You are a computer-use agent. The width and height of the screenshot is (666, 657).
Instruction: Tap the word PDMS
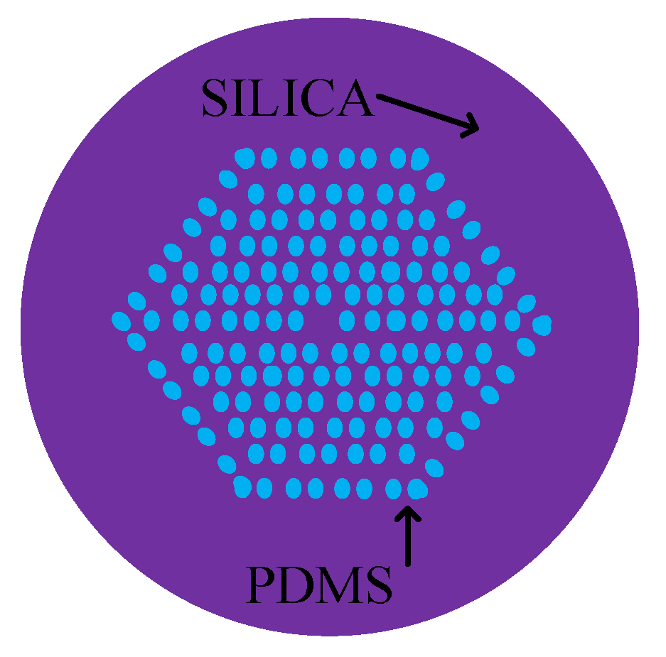pos(319,585)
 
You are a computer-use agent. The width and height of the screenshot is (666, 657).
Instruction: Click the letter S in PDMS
pos(377,585)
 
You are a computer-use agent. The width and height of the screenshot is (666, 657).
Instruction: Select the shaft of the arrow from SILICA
pos(419,110)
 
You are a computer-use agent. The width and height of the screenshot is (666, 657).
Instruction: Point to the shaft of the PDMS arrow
pos(408,540)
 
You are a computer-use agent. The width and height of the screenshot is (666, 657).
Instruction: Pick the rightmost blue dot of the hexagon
pos(542,325)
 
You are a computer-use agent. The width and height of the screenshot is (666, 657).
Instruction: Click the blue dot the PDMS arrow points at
pos(417,488)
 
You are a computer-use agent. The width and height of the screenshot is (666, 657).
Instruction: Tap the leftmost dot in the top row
pos(245,158)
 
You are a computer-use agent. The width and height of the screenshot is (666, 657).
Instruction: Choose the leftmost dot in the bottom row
pos(242,486)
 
